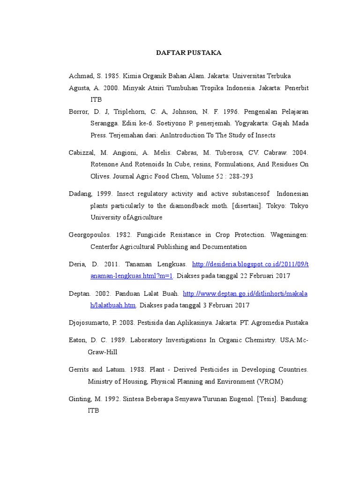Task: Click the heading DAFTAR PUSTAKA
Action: click(x=188, y=53)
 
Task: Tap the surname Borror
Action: click(x=79, y=112)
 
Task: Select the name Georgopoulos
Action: click(x=90, y=235)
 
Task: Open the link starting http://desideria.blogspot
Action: click(x=250, y=264)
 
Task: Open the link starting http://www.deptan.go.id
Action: click(x=245, y=293)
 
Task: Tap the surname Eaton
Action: click(x=78, y=340)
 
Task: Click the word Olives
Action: click(x=101, y=177)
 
